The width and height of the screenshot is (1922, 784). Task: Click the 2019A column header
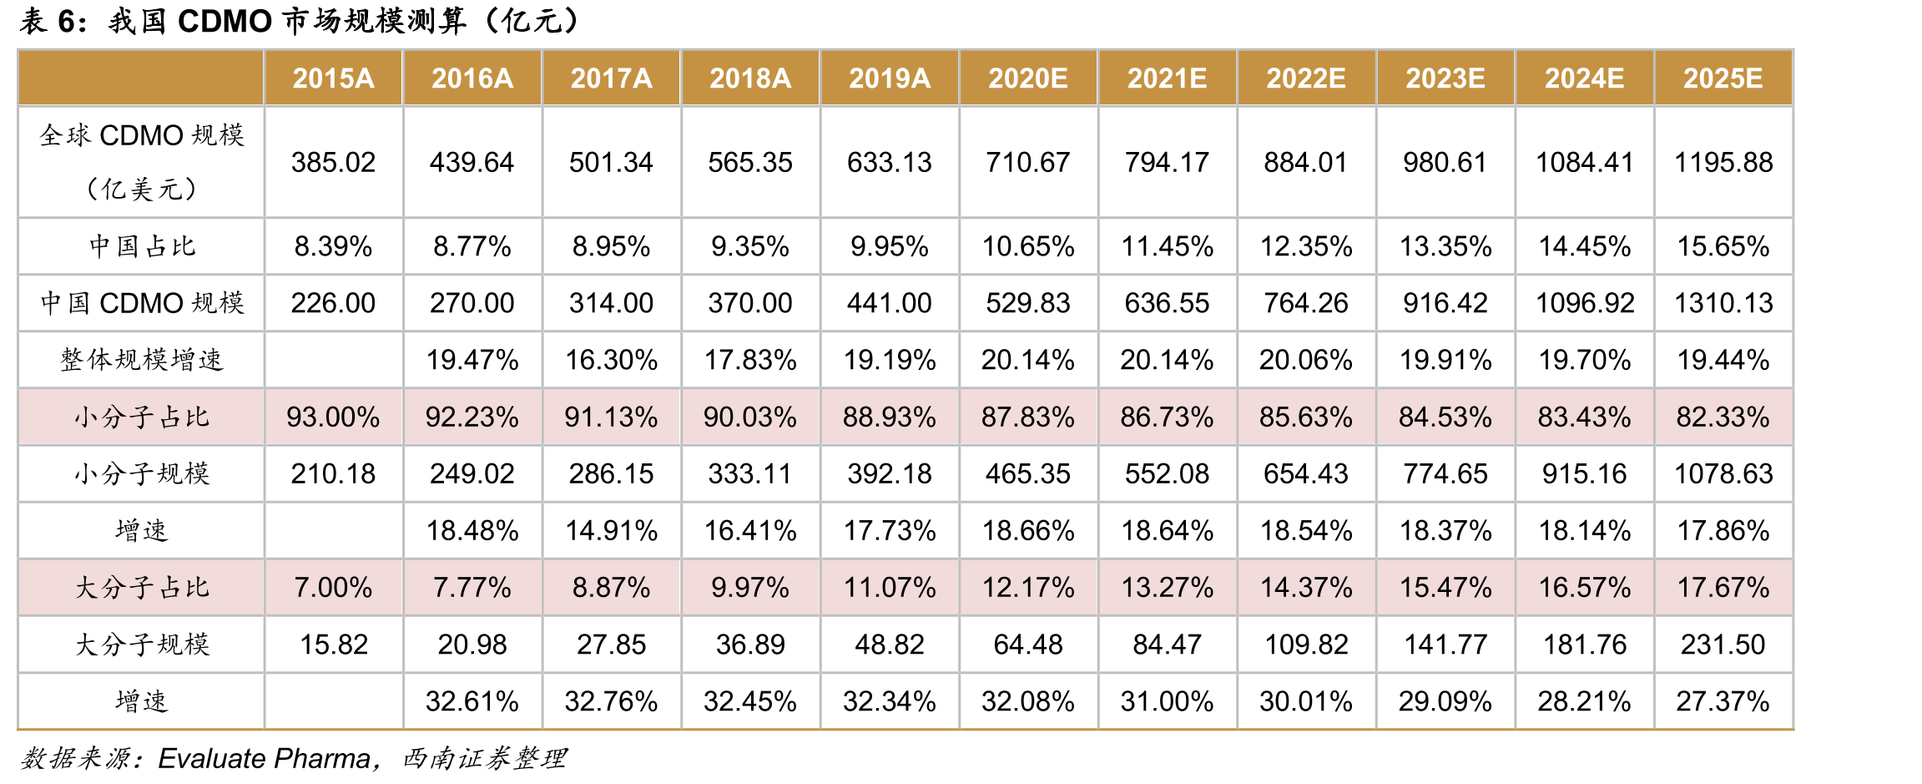889,78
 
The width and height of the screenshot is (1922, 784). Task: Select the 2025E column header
1723,78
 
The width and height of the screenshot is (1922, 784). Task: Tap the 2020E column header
1028,78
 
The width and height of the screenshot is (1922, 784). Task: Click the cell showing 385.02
333,162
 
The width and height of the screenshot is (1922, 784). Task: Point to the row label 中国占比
142,246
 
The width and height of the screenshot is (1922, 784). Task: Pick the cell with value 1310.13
1723,303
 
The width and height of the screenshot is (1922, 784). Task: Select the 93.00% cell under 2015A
333,417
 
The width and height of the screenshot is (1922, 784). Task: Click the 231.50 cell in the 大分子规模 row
1723,645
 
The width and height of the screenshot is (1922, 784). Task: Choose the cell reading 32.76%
611,701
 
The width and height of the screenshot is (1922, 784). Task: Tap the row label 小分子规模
142,473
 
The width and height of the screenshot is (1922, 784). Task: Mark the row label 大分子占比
142,588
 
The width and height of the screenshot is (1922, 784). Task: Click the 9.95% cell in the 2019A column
889,246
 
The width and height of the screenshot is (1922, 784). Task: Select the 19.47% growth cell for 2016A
472,360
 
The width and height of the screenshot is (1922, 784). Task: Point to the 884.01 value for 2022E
1306,162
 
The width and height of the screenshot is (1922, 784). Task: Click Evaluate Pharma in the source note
265,758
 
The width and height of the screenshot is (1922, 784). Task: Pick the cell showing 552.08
1167,473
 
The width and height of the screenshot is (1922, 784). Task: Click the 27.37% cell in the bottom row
1723,701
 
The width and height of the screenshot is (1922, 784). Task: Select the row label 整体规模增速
142,360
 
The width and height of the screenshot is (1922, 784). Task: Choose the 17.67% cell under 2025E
1723,588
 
